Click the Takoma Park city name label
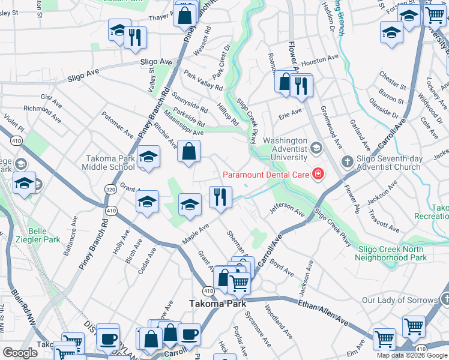point(216,304)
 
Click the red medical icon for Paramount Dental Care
point(317,175)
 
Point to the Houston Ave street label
point(320,62)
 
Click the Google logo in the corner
point(20,353)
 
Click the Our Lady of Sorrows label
point(400,300)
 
